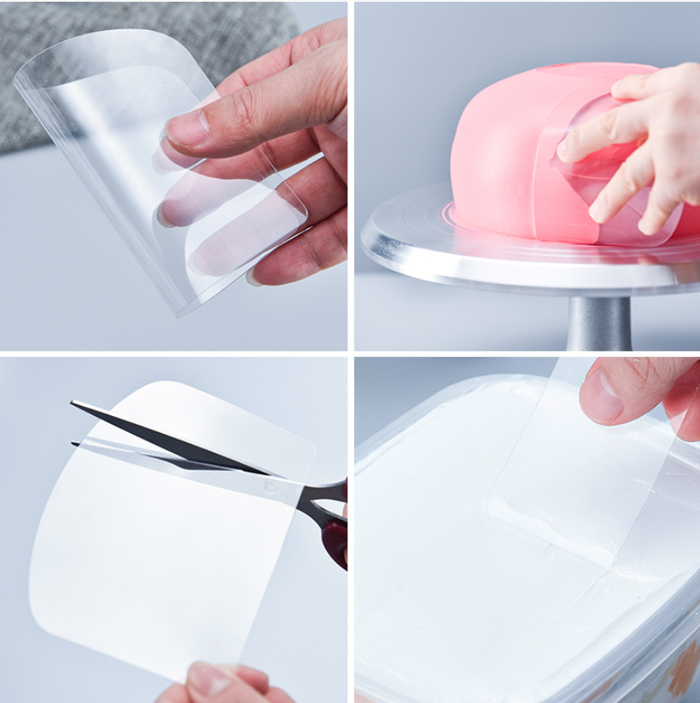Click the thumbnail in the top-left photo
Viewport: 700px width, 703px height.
[189, 128]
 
